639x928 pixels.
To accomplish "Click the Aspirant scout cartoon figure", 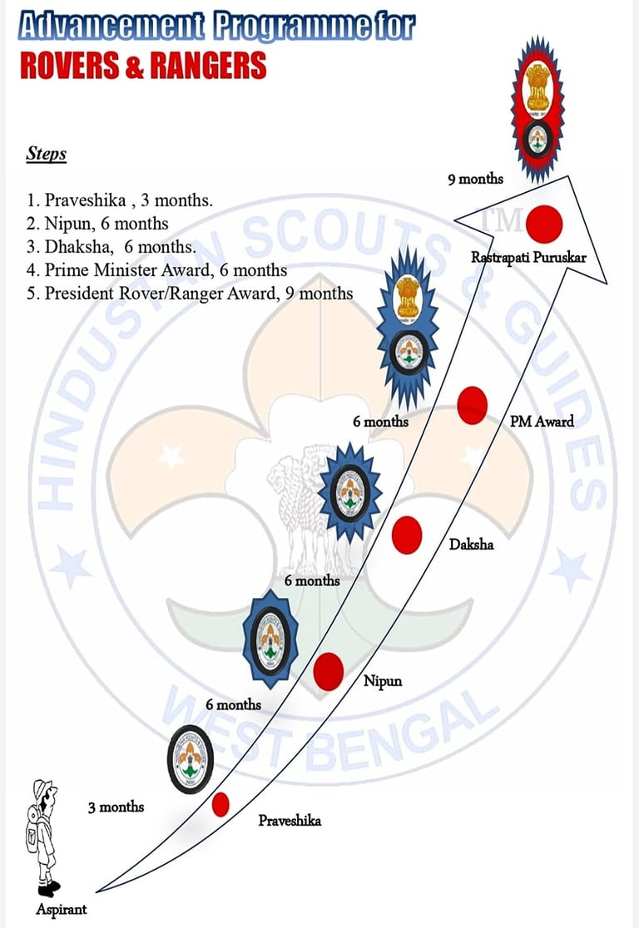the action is [x=42, y=836].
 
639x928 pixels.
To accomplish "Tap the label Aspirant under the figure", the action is [x=61, y=909].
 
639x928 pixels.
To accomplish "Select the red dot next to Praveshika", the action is [x=220, y=804].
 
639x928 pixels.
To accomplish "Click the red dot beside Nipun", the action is [x=329, y=671].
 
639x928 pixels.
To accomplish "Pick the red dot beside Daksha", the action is [x=407, y=535].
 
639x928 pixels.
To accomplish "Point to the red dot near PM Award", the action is [x=473, y=406].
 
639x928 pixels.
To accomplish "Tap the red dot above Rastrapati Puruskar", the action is [x=545, y=223].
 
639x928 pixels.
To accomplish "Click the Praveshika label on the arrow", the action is [x=290, y=821].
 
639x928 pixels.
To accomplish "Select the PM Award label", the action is [x=542, y=421].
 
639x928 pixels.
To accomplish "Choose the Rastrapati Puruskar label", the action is [x=528, y=257].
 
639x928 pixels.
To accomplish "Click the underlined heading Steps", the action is [x=47, y=154].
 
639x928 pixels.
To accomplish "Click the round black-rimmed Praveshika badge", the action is [x=191, y=759].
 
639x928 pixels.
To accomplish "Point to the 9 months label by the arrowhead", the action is [x=475, y=178].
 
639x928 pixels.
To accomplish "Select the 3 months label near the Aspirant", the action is [x=116, y=807].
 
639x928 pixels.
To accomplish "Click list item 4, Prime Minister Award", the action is [x=157, y=270].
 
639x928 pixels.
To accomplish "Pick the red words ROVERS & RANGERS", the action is [x=143, y=64].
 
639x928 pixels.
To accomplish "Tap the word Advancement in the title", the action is [x=110, y=27].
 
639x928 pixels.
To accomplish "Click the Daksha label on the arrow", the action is [x=471, y=544].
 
